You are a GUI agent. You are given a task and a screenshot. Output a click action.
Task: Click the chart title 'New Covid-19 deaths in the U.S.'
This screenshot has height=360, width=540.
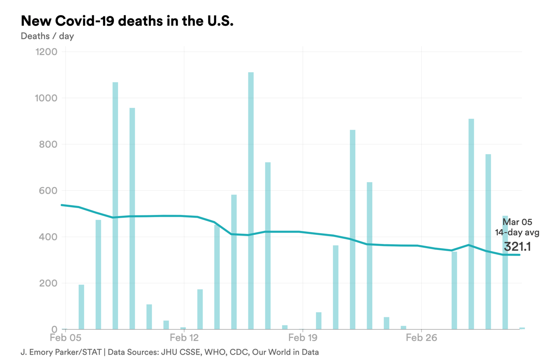127,21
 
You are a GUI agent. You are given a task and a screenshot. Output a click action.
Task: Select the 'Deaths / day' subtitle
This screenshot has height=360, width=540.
47,36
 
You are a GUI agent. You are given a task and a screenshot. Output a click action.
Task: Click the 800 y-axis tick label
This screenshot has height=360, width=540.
47,145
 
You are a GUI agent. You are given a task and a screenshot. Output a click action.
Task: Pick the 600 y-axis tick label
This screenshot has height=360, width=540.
47,191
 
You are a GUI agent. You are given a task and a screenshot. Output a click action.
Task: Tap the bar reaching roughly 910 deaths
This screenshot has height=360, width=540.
471,224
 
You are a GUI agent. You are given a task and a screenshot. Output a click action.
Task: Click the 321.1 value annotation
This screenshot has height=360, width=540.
517,247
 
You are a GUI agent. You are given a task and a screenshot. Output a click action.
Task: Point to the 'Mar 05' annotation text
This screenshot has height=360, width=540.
518,222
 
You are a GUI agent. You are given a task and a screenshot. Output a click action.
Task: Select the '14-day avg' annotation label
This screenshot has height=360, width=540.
517,233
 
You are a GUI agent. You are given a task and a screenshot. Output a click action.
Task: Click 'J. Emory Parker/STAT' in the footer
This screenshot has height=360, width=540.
61,352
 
